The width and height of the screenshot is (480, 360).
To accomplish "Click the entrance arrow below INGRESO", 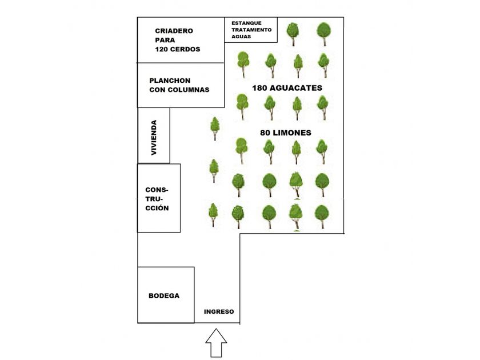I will (216, 343).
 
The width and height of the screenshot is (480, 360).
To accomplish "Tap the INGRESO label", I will (219, 311).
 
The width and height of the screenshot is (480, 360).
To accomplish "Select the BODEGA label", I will (164, 296).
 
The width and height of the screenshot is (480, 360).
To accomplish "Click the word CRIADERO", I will (174, 31).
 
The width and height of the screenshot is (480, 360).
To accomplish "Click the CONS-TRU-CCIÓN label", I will (157, 199).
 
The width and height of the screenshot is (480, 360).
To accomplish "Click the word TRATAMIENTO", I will (251, 29).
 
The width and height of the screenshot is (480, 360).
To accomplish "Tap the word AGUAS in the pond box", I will (241, 36).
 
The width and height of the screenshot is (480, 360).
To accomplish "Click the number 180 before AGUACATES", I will (262, 88).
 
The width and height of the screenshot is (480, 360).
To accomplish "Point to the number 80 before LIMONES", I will (265, 133).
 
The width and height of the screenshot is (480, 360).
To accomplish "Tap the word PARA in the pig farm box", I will (164, 40).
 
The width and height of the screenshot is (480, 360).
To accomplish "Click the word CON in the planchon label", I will (157, 90).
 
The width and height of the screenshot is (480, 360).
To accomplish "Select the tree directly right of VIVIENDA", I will (215, 128).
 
